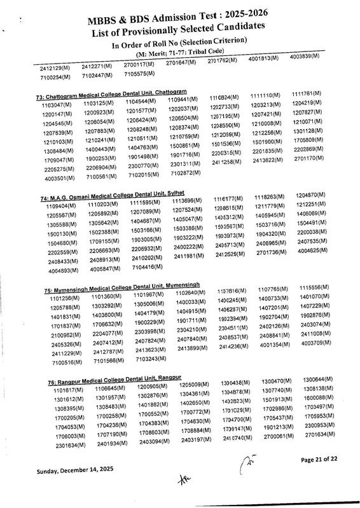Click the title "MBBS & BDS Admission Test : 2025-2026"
pyautogui.click(x=181, y=20)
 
